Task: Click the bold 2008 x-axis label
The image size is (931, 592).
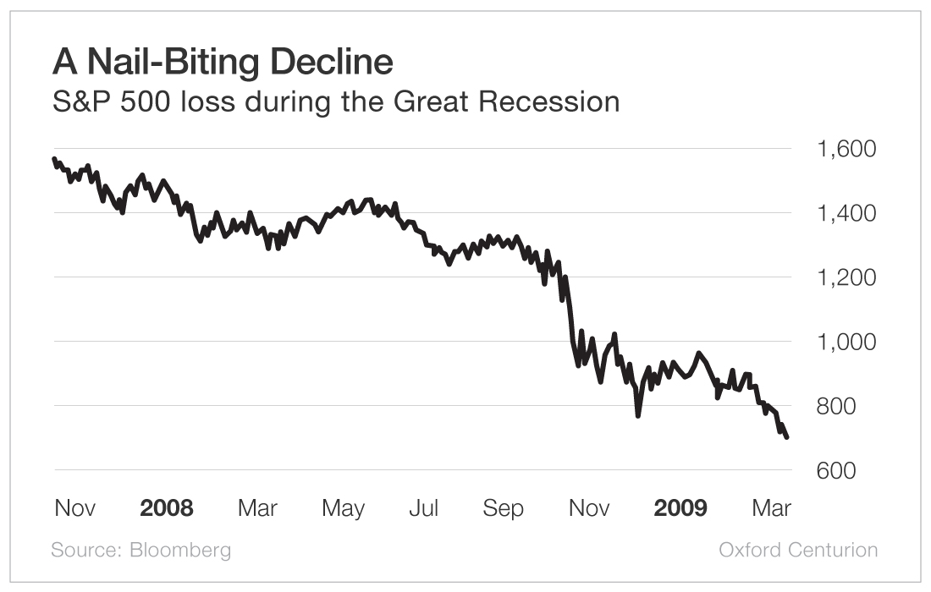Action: click(x=167, y=508)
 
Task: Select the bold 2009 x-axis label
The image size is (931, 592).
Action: click(x=680, y=508)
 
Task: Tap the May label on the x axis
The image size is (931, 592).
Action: click(x=343, y=508)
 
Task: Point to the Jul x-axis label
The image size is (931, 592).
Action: click(x=423, y=508)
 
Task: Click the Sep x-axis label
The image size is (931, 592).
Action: click(x=503, y=508)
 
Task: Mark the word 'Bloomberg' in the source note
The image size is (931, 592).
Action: click(x=180, y=550)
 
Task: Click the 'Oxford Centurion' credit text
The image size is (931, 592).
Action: click(x=798, y=550)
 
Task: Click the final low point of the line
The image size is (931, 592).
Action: click(x=787, y=436)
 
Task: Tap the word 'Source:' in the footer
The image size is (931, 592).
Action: click(x=86, y=550)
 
